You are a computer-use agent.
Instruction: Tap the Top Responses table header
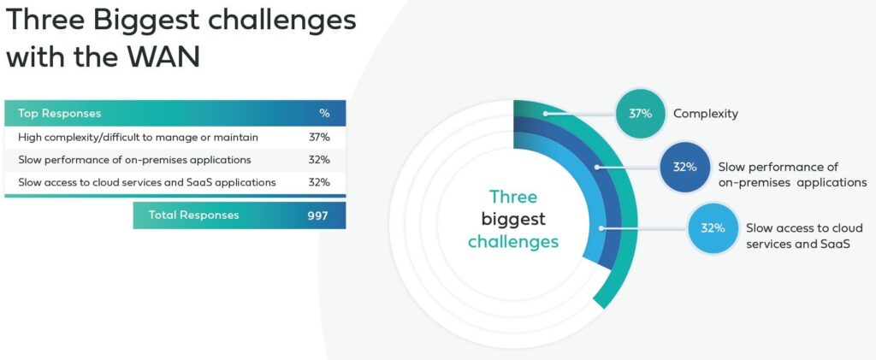tap(59, 114)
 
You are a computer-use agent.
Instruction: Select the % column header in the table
tap(324, 114)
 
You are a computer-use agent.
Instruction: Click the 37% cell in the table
tap(320, 138)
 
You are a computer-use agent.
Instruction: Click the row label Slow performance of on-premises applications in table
tap(134, 160)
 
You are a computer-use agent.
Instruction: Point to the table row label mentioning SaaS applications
tap(147, 182)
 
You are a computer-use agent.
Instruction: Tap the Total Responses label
tap(193, 215)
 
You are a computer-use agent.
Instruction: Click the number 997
tap(317, 215)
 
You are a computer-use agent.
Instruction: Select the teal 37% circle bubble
tap(640, 114)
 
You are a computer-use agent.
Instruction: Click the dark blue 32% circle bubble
tap(684, 167)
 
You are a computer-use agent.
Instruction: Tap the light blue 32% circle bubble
tap(713, 228)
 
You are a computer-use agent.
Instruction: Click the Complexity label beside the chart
tap(706, 114)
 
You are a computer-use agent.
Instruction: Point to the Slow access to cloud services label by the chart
tap(796, 236)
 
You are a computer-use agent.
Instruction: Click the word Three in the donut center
tap(513, 197)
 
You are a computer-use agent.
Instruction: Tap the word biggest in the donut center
tap(513, 220)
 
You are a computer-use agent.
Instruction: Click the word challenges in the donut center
tap(513, 242)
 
